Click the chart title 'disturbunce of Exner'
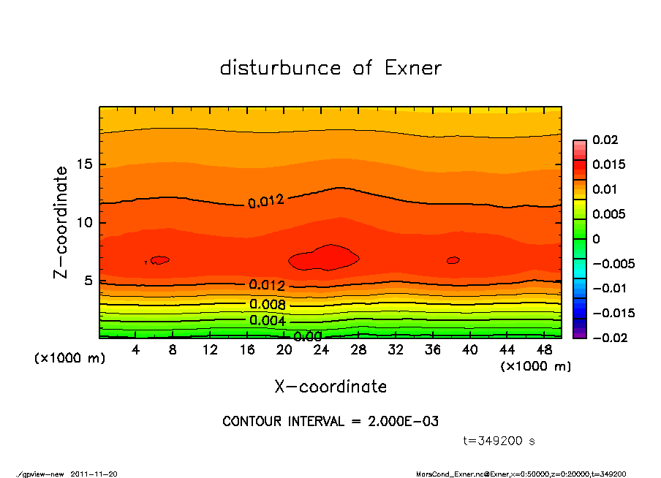click(x=330, y=69)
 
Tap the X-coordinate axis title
click(x=330, y=386)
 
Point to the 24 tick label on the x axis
click(x=322, y=350)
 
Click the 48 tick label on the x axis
click(x=544, y=350)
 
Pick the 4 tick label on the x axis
click(x=136, y=350)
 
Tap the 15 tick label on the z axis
click(x=86, y=164)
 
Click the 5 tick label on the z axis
click(x=89, y=281)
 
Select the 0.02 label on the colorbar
click(x=605, y=140)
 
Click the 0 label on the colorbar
click(x=596, y=239)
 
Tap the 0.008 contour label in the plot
click(x=268, y=304)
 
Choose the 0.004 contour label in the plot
click(x=268, y=320)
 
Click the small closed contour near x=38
click(x=453, y=260)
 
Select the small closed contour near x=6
click(x=159, y=259)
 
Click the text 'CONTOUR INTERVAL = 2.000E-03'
click(x=330, y=422)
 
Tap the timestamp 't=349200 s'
click(x=499, y=441)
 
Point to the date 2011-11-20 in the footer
click(x=94, y=474)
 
